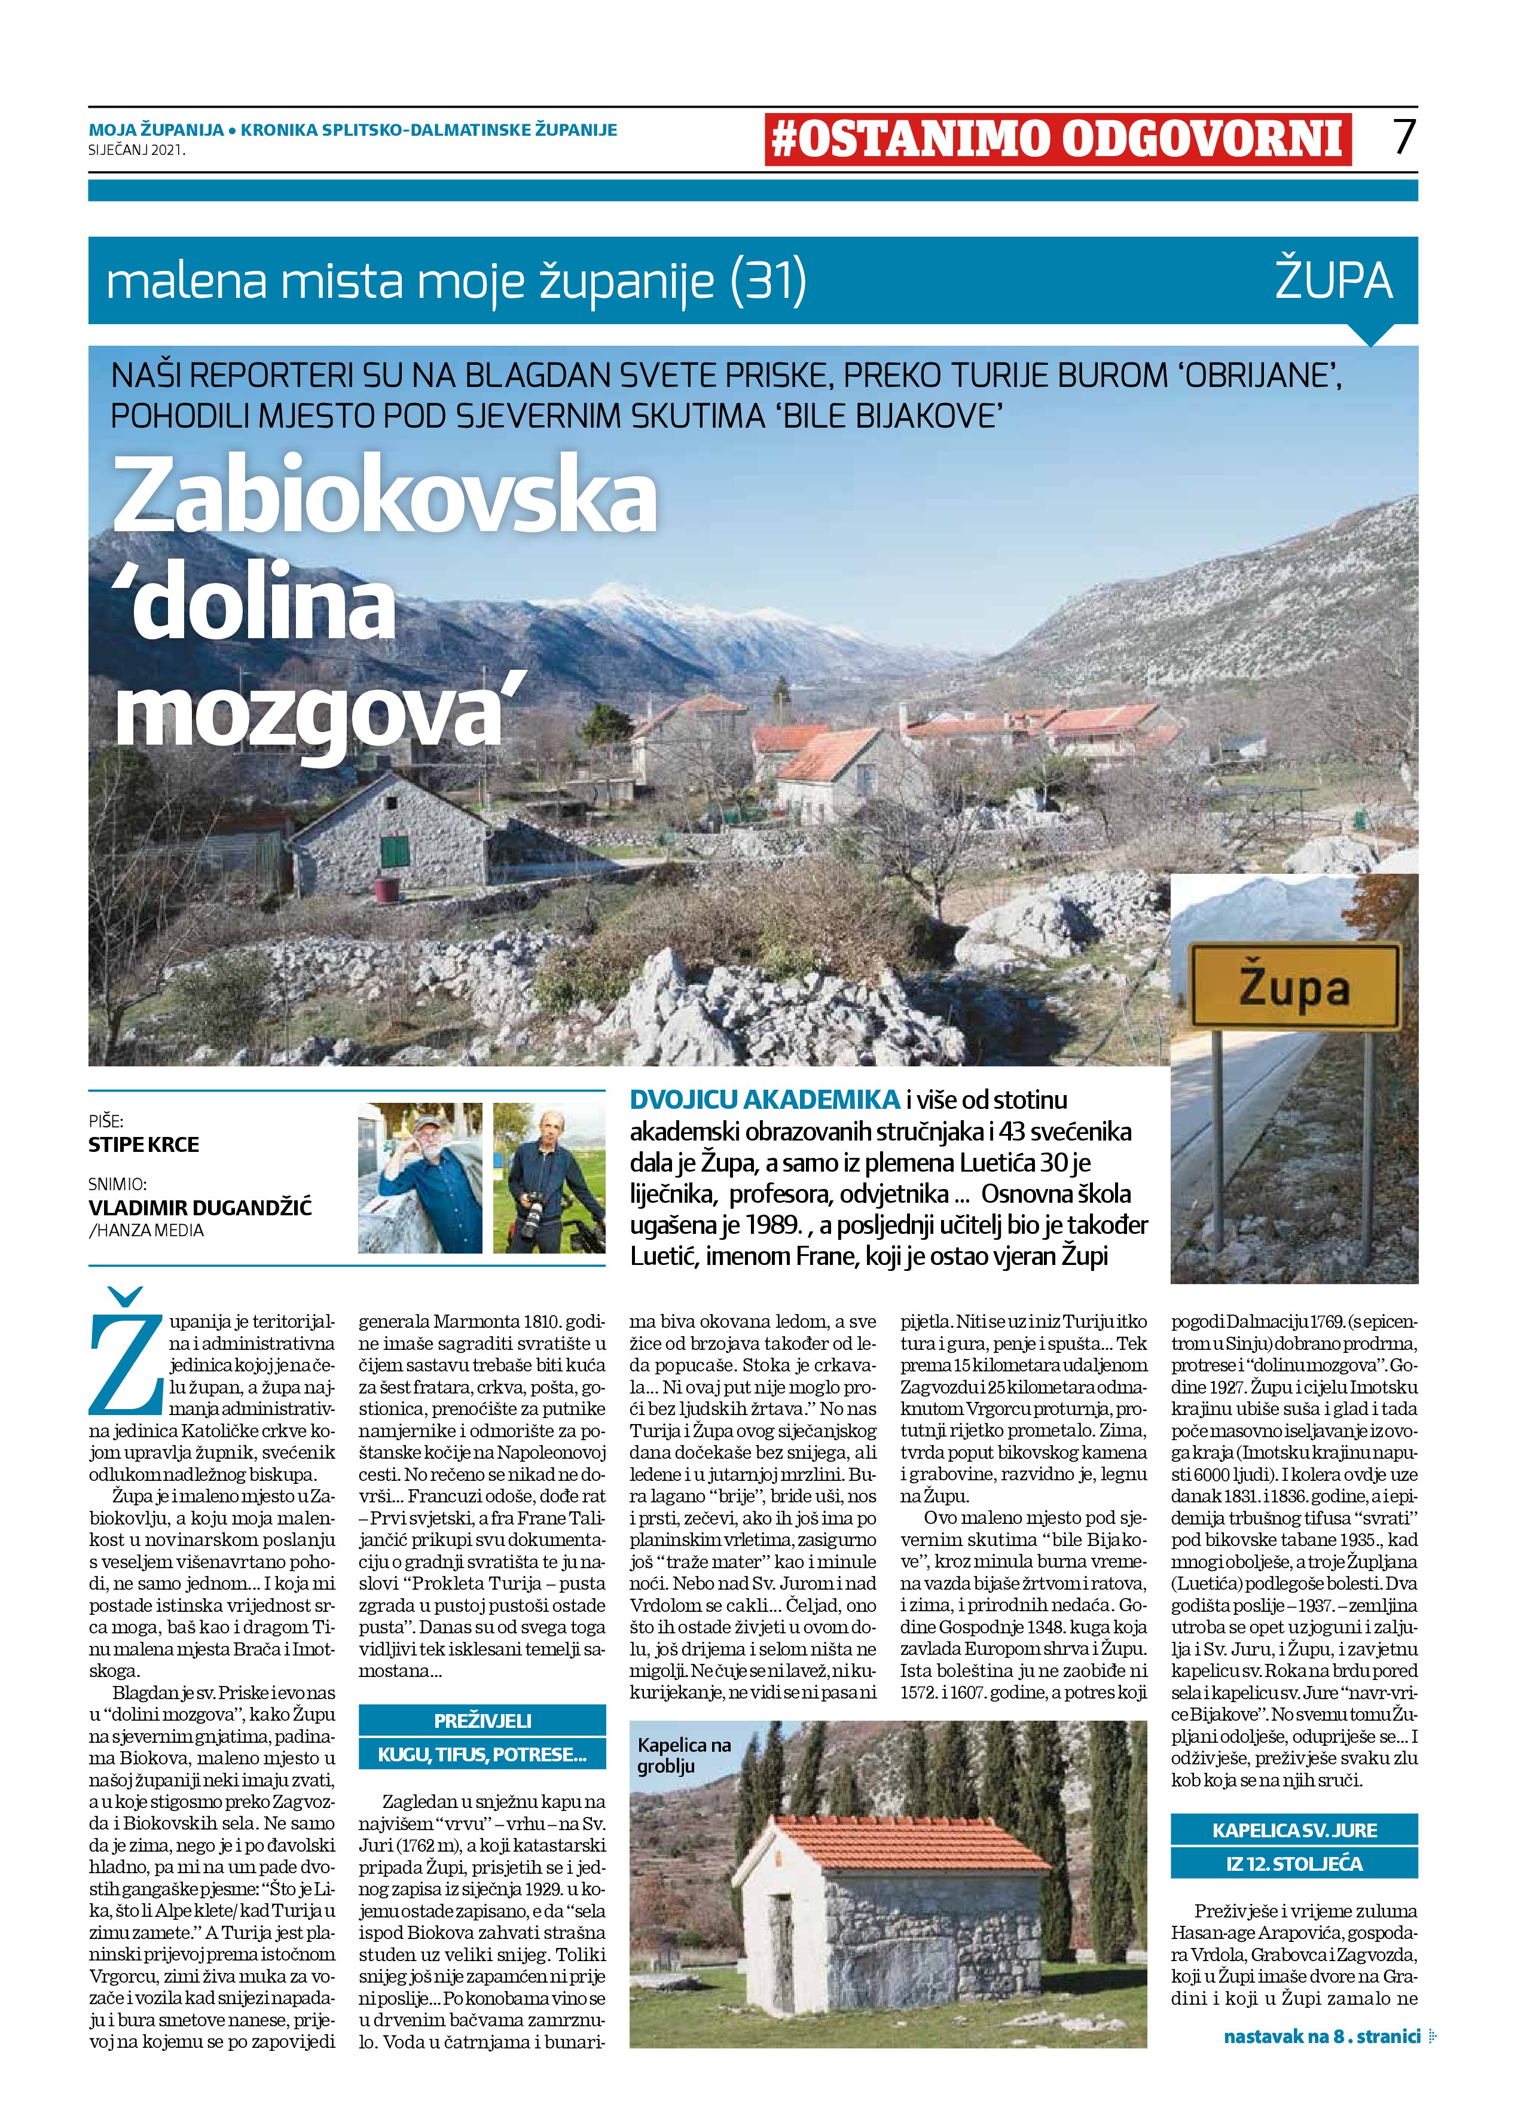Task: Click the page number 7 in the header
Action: [1404, 136]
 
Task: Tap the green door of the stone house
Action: [395, 851]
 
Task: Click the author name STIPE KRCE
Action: [144, 1145]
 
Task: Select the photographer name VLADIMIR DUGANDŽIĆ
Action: [200, 1206]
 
